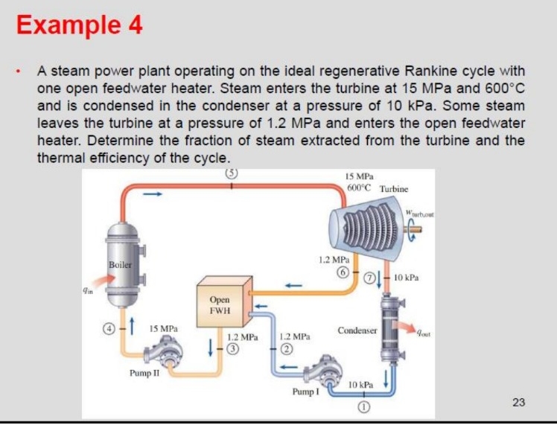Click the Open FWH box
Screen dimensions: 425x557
pos(220,305)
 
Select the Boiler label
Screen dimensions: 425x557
pos(119,264)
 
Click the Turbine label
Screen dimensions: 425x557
pos(394,189)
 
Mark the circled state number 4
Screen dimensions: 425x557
pos(109,327)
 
